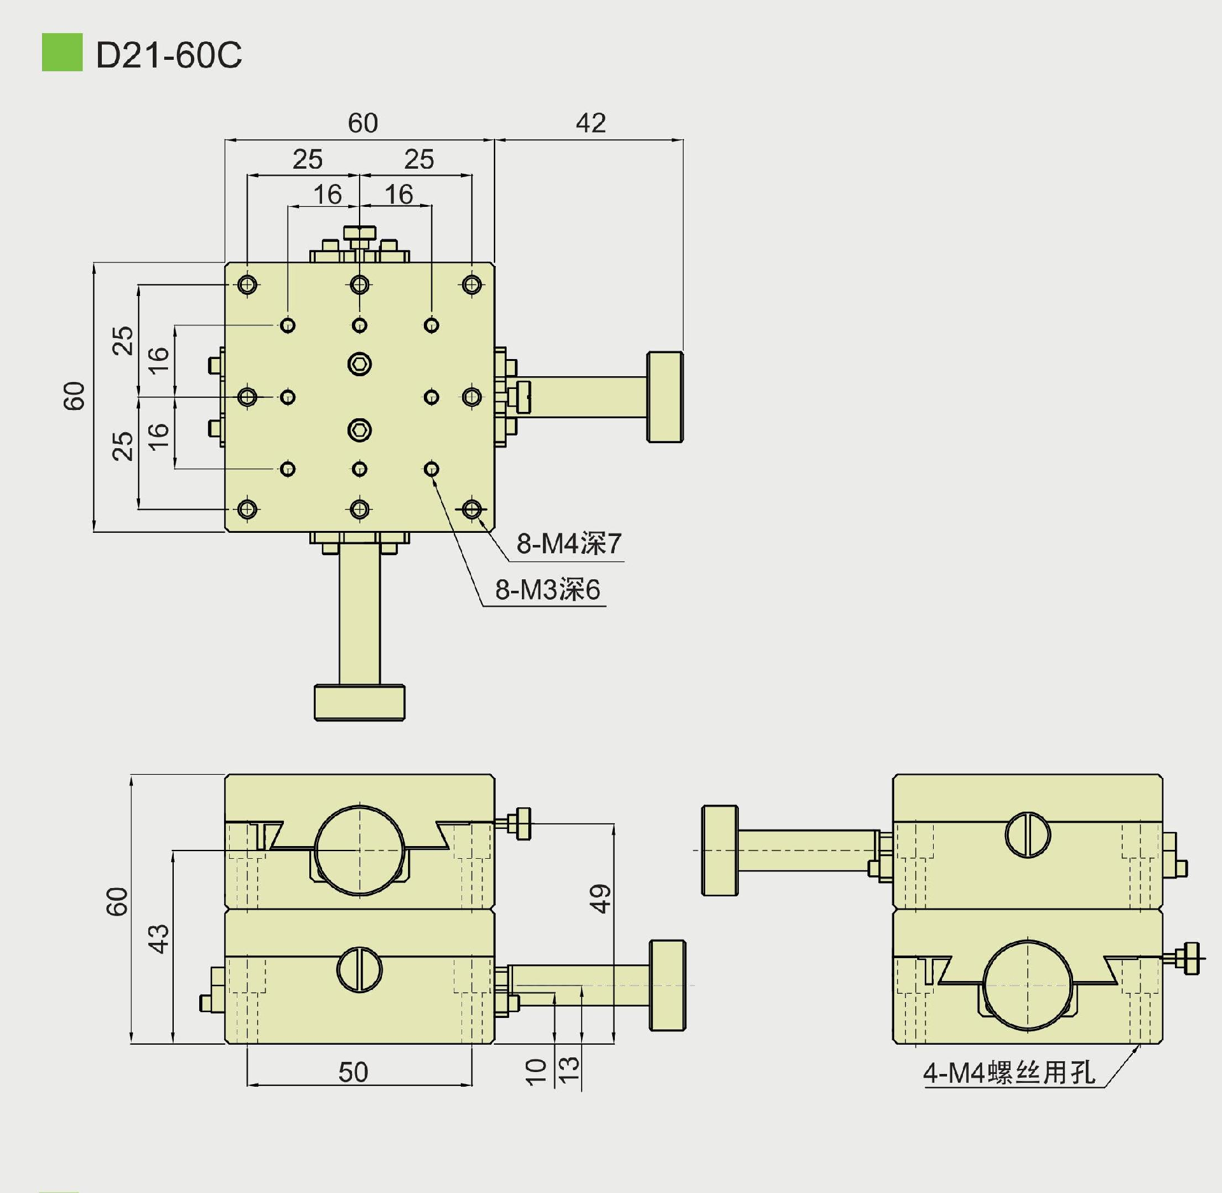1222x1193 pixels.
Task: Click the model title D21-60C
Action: [169, 55]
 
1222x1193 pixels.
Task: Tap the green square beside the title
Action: [62, 52]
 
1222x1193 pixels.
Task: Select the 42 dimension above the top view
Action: [591, 123]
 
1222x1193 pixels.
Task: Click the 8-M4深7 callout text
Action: [568, 544]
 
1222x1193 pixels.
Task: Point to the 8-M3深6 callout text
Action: [547, 589]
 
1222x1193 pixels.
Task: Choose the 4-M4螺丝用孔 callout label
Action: [1009, 1073]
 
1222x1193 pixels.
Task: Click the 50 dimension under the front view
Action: [353, 1072]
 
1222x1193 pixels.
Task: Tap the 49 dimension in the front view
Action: [600, 898]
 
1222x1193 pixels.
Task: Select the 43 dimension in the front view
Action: [159, 938]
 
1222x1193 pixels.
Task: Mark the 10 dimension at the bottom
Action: [537, 1071]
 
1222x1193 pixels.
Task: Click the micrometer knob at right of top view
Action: [665, 397]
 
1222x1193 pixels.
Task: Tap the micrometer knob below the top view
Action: [360, 702]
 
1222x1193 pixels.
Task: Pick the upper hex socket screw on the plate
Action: [360, 364]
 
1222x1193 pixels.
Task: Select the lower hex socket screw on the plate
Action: [360, 430]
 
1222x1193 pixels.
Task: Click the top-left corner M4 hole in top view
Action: [248, 284]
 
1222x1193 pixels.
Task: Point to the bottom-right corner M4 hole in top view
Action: [472, 509]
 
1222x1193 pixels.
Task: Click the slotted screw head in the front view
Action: [360, 970]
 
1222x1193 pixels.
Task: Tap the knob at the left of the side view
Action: [720, 851]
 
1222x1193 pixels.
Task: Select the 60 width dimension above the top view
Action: [363, 123]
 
